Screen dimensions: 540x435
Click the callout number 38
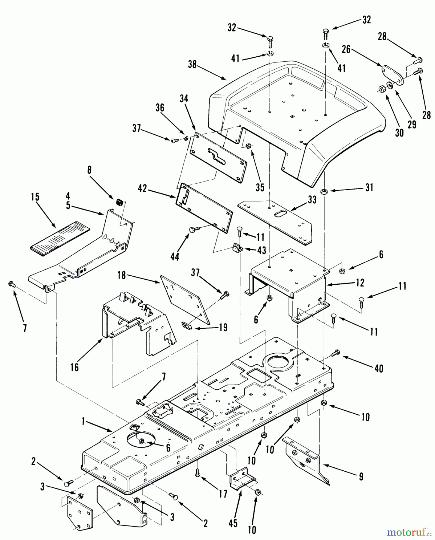pyautogui.click(x=192, y=64)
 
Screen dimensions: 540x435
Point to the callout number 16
pyautogui.click(x=74, y=367)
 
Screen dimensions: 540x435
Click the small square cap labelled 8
pyautogui.click(x=119, y=202)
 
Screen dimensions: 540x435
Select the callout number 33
pyautogui.click(x=312, y=200)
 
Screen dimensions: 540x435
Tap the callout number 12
pyautogui.click(x=360, y=282)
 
